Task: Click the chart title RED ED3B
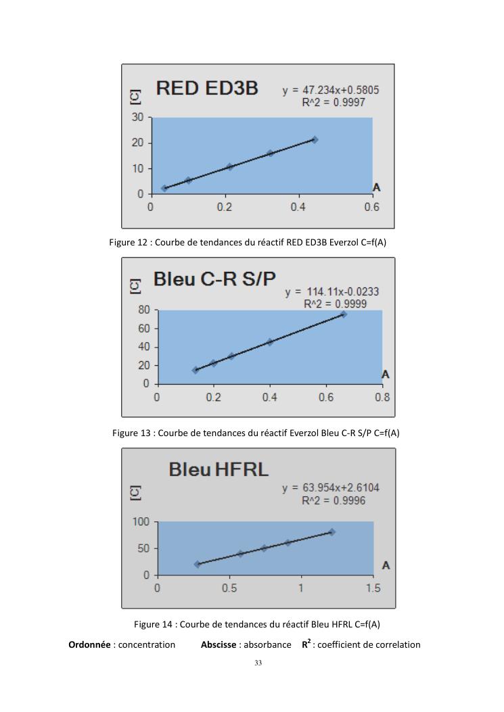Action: click(x=207, y=88)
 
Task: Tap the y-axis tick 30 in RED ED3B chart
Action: click(x=138, y=117)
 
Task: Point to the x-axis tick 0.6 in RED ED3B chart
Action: click(x=371, y=207)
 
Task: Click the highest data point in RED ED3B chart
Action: click(x=315, y=139)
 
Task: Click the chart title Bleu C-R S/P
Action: click(x=214, y=279)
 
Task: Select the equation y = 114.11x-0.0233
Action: click(x=331, y=292)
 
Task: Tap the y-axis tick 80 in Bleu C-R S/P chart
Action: click(x=143, y=310)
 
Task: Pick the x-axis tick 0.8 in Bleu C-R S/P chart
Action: click(x=382, y=397)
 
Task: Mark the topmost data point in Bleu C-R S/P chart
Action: click(x=343, y=314)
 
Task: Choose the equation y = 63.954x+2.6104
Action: click(x=335, y=488)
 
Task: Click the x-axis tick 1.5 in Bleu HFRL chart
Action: click(x=373, y=588)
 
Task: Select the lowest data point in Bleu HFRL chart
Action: click(x=198, y=564)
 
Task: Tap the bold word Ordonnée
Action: click(x=91, y=644)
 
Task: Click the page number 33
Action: click(x=258, y=663)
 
